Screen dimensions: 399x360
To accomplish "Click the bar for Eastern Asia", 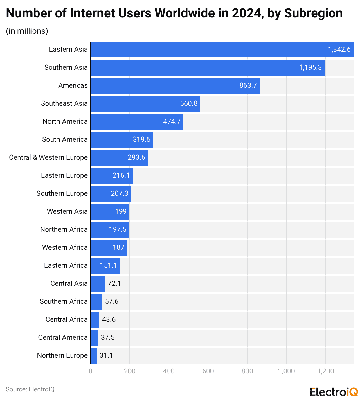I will tap(222, 50).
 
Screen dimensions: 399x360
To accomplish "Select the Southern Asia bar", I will tap(207, 68).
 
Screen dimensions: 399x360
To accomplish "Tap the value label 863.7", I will tap(248, 86).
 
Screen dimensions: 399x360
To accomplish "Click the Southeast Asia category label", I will tap(64, 103).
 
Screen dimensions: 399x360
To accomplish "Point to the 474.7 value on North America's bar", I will tap(172, 121).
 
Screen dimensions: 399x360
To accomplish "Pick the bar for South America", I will tap(122, 140).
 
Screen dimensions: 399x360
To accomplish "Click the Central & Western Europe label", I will tap(48, 157).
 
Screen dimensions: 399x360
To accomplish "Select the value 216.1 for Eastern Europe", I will tap(121, 175).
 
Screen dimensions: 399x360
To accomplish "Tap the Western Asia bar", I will tap(110, 211).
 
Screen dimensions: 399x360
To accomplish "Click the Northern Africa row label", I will tap(64, 229).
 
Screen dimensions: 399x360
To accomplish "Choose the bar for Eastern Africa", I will tap(105, 265).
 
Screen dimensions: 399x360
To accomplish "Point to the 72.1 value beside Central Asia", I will tap(114, 283).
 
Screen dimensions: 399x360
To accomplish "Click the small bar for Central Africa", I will tap(95, 319).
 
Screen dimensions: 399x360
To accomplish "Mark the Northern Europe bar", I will tap(94, 355).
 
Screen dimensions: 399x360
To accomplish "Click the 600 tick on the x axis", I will tap(208, 371).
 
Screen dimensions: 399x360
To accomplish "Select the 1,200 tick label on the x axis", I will tap(325, 371).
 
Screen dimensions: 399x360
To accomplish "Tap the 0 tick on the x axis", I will tap(91, 371).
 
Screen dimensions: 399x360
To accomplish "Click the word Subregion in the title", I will tap(313, 13).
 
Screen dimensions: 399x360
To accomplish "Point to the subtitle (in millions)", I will tap(27, 31).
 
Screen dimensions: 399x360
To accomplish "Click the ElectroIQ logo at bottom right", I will tap(334, 392).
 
